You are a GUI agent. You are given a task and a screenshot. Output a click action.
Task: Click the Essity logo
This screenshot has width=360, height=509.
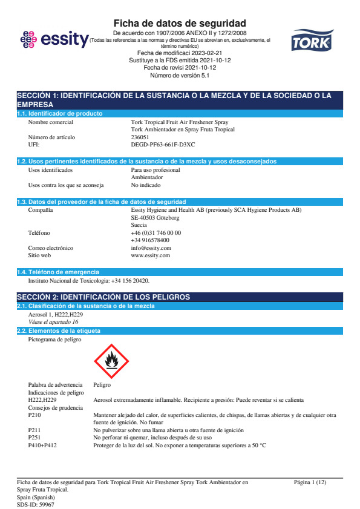point(54,39)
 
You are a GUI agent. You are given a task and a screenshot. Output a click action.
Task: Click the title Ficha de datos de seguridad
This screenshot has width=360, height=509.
point(180,23)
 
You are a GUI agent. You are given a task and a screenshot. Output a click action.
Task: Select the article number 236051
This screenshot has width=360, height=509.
point(140,137)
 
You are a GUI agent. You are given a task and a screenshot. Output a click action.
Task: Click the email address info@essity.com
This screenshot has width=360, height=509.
point(151,248)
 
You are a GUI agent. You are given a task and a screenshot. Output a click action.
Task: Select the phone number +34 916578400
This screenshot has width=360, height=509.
point(150,240)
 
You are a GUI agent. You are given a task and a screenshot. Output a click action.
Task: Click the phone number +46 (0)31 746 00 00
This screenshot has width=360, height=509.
point(155,232)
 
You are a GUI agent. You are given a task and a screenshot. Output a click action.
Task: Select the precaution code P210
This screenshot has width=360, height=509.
point(34,415)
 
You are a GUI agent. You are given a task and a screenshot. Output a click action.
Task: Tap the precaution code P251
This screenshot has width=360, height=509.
point(34,438)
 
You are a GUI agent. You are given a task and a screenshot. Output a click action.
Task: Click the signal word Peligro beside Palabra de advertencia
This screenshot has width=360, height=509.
point(102,385)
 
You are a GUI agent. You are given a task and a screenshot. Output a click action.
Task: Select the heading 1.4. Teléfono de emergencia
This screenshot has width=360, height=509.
point(58,272)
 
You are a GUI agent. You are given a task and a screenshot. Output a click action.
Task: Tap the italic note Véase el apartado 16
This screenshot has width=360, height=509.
point(53,322)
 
